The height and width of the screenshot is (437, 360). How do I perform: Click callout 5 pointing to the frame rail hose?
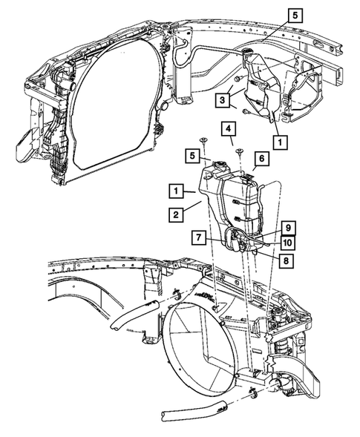pyautogui.click(x=296, y=14)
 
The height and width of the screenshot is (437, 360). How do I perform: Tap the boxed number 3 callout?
pyautogui.click(x=222, y=99)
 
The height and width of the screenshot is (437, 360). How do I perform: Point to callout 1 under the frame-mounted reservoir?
pyautogui.click(x=280, y=139)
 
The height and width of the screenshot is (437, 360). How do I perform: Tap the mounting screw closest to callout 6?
pyautogui.click(x=240, y=152)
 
